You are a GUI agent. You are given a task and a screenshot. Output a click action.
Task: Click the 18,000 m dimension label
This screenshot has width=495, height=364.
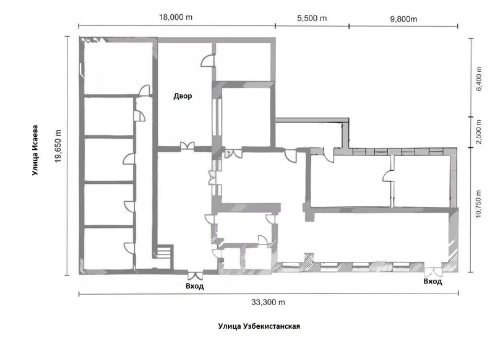pyautogui.click(x=176, y=17)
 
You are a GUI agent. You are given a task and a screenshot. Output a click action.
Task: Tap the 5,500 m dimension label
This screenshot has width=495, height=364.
pyautogui.click(x=312, y=18)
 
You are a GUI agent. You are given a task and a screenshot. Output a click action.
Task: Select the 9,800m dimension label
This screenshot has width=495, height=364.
pyautogui.click(x=403, y=19)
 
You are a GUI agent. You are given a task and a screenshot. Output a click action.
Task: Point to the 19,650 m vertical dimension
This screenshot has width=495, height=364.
pyautogui.click(x=58, y=146)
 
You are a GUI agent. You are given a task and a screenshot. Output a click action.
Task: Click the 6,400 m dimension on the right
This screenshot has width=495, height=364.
pyautogui.click(x=479, y=79)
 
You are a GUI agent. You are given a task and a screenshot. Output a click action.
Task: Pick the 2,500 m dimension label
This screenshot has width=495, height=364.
pyautogui.click(x=479, y=132)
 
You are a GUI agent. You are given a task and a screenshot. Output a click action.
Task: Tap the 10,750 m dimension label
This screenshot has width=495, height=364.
pyautogui.click(x=478, y=204)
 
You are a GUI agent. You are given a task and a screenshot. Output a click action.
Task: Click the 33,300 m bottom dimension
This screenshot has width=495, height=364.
pyautogui.click(x=268, y=302)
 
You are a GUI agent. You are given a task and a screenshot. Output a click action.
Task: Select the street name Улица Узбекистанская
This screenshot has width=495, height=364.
pyautogui.click(x=259, y=326)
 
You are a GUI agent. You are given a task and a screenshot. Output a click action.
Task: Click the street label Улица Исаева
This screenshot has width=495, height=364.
pyautogui.click(x=35, y=150)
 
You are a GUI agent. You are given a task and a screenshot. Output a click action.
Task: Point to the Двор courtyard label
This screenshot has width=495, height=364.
pyautogui.click(x=183, y=96)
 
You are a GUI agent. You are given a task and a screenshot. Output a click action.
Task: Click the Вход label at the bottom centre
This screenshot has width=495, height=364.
pyautogui.click(x=195, y=286)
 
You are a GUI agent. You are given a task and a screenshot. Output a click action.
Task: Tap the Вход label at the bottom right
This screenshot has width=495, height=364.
pyautogui.click(x=433, y=281)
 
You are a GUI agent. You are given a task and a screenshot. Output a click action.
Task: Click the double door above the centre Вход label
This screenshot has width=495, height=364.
pyautogui.click(x=195, y=275)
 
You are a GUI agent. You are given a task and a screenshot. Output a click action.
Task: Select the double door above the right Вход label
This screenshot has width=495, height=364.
pyautogui.click(x=433, y=272)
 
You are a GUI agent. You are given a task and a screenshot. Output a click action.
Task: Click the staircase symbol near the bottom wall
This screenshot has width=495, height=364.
pyautogui.click(x=164, y=252)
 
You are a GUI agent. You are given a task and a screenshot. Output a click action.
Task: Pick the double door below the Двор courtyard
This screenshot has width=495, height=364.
pyautogui.click(x=187, y=145)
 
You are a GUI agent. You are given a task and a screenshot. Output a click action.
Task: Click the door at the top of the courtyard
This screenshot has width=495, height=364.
pyautogui.click(x=208, y=61)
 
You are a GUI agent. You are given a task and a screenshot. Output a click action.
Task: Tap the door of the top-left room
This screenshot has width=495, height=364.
pyautogui.click(x=145, y=90)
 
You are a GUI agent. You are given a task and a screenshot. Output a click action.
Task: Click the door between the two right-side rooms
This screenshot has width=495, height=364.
pyautogui.click(x=388, y=176)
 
